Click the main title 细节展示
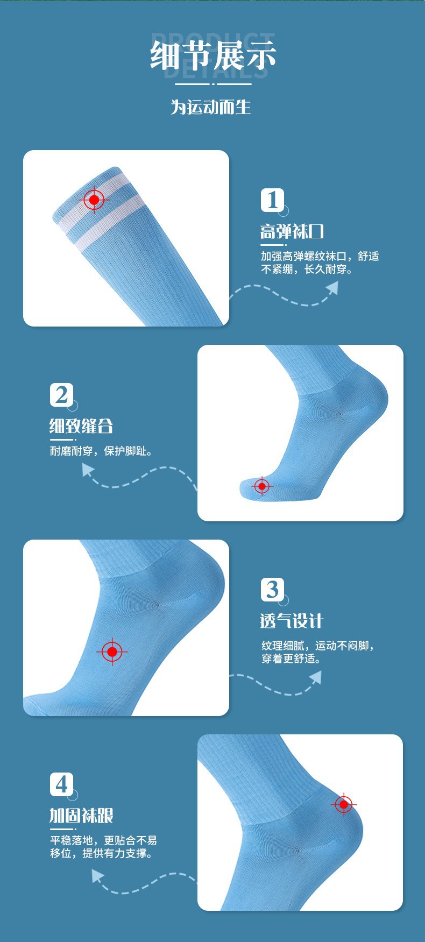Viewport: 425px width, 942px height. coord(213,55)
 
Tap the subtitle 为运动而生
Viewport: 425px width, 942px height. coord(211,107)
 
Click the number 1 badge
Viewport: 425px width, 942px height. coord(272,200)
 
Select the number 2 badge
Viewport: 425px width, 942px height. coord(61,395)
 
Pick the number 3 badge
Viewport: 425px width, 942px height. coord(272,590)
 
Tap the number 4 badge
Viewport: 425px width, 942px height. coord(61,784)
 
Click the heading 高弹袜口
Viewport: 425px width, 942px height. coord(292,232)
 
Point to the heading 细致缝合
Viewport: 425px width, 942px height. coord(81,426)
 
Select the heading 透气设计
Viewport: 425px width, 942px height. coord(292,621)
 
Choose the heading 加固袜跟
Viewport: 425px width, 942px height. coord(81,816)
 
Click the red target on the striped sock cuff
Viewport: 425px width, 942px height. coord(94,200)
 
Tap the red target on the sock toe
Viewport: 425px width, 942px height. coord(262,486)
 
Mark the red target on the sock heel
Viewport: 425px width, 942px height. coord(344,805)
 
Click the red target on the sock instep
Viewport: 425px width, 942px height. coord(112,652)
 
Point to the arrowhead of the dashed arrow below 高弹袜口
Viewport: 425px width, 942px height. coord(332,288)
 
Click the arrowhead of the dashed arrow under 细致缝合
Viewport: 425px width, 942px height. coord(88,470)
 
